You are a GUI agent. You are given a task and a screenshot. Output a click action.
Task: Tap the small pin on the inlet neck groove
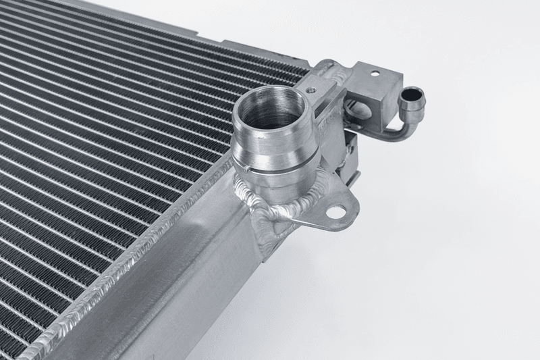coord(248,169)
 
